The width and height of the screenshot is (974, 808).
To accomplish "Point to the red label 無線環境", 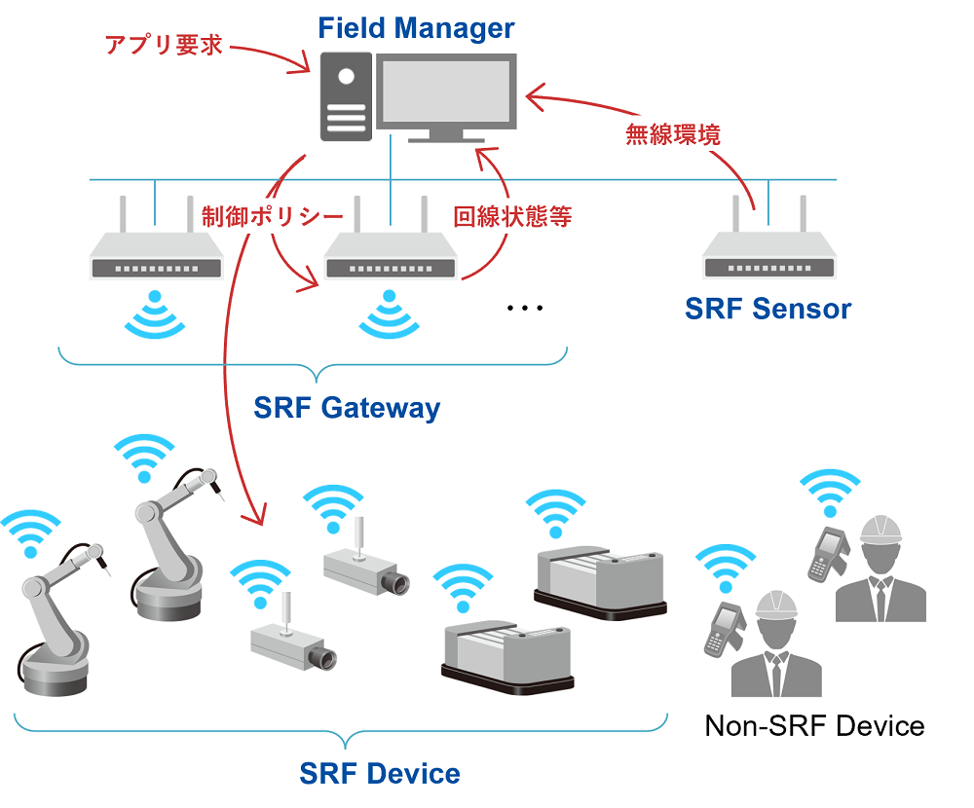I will click(672, 135).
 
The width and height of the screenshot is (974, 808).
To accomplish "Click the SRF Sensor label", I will click(768, 309).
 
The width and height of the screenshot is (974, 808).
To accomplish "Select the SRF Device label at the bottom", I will click(380, 774).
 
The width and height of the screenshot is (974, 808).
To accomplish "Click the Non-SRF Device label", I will click(813, 725).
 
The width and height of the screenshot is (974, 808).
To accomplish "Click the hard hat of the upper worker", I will click(881, 531).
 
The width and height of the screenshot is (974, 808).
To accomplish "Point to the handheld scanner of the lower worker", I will click(725, 628).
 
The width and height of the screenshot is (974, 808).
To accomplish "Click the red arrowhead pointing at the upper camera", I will click(260, 519).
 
